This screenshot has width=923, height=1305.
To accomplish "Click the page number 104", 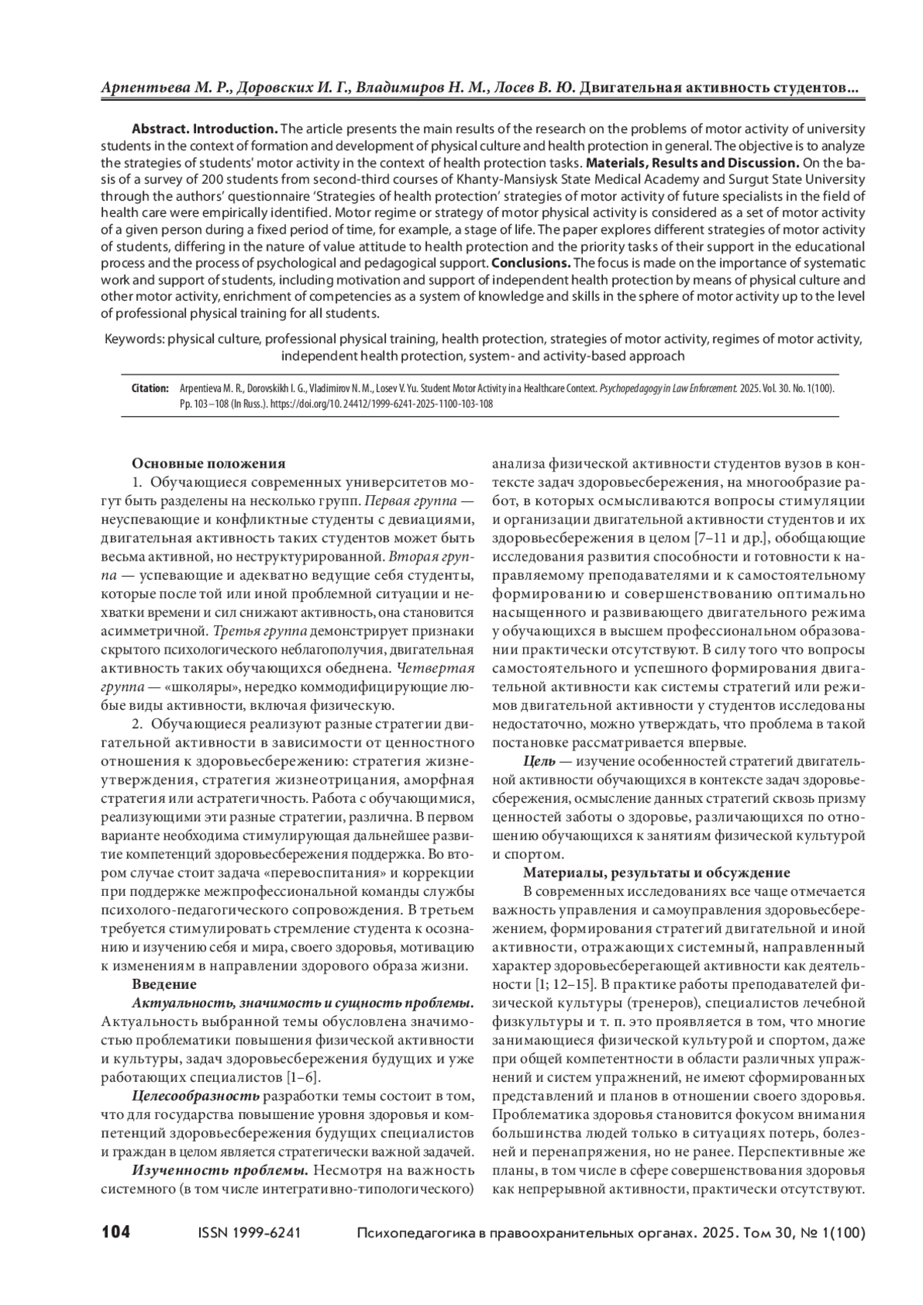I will coord(116,1233).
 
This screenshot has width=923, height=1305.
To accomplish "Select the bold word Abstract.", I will coord(160,128).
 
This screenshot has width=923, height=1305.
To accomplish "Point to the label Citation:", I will coord(150,389).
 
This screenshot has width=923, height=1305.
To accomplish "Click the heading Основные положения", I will coord(208,463).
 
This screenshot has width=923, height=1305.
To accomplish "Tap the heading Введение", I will coord(165,984).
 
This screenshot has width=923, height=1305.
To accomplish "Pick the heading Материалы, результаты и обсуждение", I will coord(656,873).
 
